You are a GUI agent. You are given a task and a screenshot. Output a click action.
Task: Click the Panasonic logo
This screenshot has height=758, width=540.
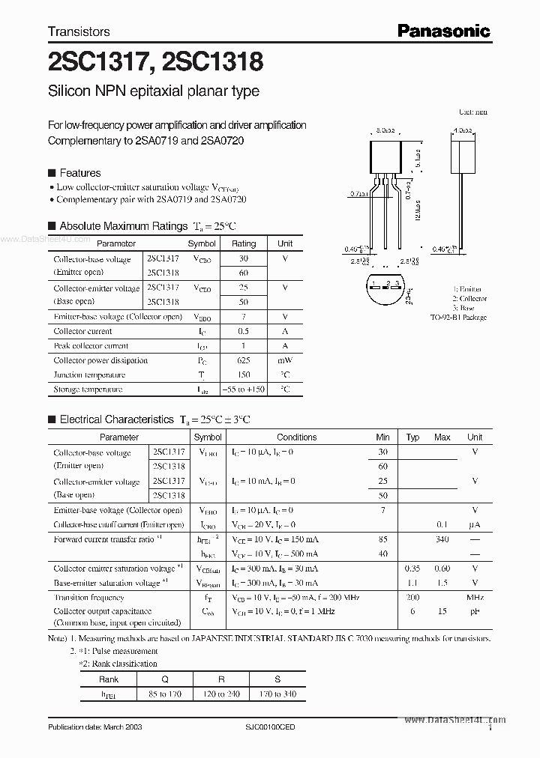[443, 31]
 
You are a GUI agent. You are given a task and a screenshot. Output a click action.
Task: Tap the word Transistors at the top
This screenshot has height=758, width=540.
[79, 31]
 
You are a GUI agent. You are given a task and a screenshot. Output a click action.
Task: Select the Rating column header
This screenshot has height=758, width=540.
[244, 243]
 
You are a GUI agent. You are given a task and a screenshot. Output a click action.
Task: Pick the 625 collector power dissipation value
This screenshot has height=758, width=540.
[244, 360]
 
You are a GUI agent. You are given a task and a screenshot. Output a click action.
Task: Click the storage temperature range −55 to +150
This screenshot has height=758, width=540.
[244, 389]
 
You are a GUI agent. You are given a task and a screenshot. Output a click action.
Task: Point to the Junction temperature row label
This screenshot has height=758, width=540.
[90, 375]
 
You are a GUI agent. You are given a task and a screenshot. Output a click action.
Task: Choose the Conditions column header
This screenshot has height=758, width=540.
[297, 437]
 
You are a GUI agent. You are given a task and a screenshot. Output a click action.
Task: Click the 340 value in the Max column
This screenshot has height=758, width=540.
[442, 539]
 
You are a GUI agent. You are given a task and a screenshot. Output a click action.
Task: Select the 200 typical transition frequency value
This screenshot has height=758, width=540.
[412, 598]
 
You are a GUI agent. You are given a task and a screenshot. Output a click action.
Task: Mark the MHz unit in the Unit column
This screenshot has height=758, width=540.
[475, 598]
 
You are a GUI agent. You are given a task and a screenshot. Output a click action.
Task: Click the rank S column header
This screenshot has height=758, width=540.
[277, 679]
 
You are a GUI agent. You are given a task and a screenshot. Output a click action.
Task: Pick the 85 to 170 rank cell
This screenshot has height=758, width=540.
[165, 694]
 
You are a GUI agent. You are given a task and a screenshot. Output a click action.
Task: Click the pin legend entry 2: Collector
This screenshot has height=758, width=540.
[469, 298]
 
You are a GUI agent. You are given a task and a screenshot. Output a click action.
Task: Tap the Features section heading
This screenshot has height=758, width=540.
[79, 173]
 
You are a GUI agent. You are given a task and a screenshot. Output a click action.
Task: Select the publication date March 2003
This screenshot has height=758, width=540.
[94, 727]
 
